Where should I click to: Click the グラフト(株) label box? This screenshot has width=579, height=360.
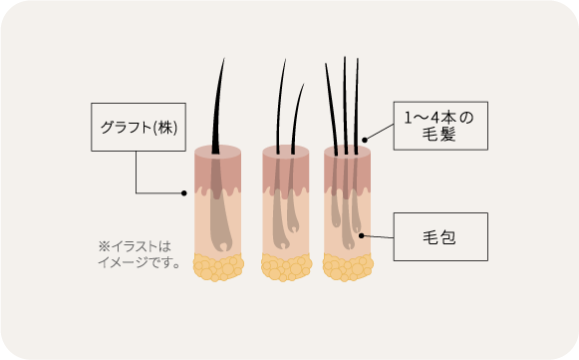pos(137,127)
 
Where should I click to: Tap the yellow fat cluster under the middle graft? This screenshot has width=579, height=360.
pos(287,267)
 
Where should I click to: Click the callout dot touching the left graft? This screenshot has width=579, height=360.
pos(184,192)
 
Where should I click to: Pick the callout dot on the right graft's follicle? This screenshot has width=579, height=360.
pos(361,235)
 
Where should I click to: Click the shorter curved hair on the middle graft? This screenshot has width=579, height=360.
pos(298,115)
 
